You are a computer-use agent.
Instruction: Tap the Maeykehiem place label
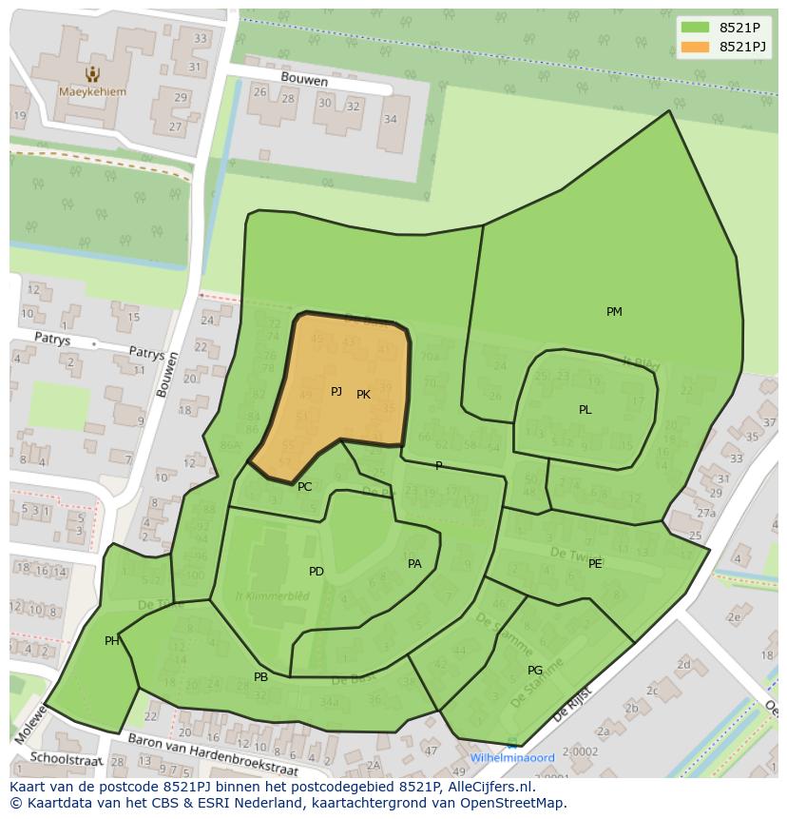click(x=91, y=92)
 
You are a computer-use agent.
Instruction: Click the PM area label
click(x=614, y=312)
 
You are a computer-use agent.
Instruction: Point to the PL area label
click(x=585, y=410)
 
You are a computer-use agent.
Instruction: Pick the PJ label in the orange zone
click(x=336, y=392)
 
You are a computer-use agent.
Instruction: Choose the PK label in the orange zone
click(x=363, y=394)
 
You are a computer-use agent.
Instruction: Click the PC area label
click(x=304, y=487)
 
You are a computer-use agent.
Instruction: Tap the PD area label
click(x=317, y=572)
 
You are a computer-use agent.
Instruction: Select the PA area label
click(x=414, y=564)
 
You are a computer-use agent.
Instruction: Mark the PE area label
click(x=595, y=564)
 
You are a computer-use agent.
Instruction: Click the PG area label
click(x=535, y=671)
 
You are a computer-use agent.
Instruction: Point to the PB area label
click(x=260, y=677)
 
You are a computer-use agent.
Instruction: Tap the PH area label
click(x=112, y=641)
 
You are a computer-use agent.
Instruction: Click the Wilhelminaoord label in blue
click(x=512, y=758)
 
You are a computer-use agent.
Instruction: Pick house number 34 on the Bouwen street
click(x=390, y=119)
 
